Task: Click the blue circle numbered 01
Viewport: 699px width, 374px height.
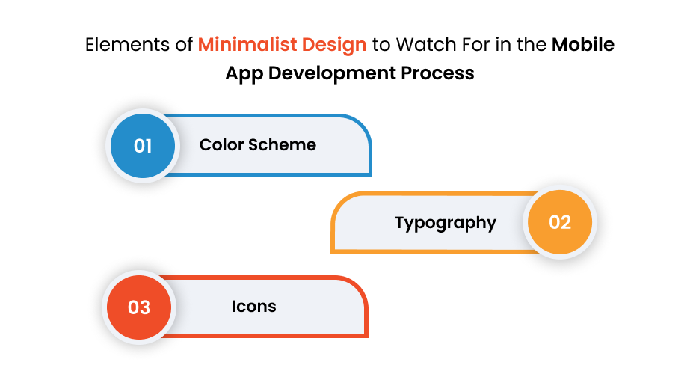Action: coord(143,145)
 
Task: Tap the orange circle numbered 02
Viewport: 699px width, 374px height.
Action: coord(560,223)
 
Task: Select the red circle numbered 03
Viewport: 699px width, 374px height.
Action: coord(140,307)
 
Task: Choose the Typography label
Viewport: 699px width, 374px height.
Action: coord(446,223)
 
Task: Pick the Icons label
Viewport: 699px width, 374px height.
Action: coord(254,307)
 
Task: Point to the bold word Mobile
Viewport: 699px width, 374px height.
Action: coord(583,45)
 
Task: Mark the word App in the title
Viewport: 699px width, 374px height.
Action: coord(241,73)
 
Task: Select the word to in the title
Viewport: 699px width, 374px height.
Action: coord(381,45)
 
